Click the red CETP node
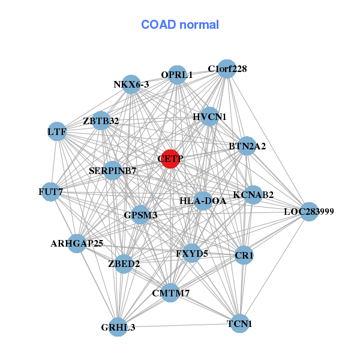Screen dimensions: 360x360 pos(170,159)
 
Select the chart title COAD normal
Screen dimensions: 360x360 pos(180,25)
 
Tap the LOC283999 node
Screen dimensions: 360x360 pos(308,211)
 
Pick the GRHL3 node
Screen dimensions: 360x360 pos(118,326)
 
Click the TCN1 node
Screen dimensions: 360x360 pos(239,323)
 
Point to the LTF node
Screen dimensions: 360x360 pos(57,131)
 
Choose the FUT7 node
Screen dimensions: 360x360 pos(50,192)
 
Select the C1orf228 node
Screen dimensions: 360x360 pos(226,69)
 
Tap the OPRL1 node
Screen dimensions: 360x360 pos(177,75)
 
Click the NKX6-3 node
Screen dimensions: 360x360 pos(131,85)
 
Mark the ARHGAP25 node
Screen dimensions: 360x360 pos(77,243)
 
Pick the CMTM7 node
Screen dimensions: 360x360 pos(170,293)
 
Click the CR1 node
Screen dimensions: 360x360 pos(244,256)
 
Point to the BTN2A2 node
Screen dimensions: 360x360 pos(247,146)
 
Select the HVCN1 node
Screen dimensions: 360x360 pos(209,116)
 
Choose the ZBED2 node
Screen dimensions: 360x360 pos(124,263)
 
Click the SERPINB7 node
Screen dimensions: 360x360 pos(113,170)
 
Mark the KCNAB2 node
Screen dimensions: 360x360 pos(253,194)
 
